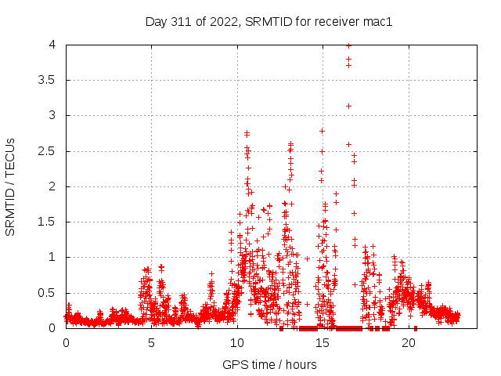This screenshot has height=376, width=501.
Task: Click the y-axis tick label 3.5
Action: [x=50, y=80]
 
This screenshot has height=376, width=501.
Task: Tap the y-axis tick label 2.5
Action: [x=50, y=151]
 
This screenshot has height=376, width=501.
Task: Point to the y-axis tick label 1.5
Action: [x=50, y=222]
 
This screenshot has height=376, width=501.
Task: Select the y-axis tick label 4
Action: [x=55, y=45]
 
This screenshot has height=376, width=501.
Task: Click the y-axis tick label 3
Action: [x=55, y=115]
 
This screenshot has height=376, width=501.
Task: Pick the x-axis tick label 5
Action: [x=152, y=343]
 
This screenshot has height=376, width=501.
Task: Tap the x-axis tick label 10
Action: [x=237, y=343]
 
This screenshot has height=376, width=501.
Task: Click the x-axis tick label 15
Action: [x=323, y=343]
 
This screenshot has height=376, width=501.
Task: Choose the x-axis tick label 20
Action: [x=409, y=343]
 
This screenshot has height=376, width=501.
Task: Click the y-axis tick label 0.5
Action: [x=50, y=293]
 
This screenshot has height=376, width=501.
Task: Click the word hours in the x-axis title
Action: [x=301, y=364]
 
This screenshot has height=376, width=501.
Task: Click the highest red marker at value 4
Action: [x=348, y=45]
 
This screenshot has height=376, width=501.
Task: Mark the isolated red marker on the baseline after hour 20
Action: [x=416, y=327]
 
